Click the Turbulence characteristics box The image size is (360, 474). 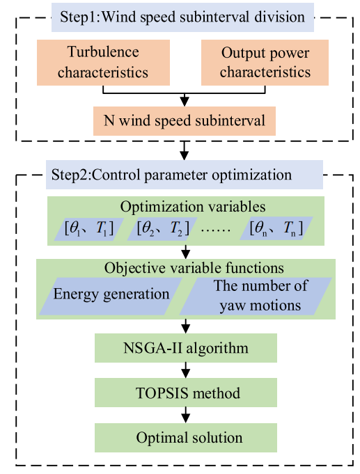103,63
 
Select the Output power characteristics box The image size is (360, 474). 265,63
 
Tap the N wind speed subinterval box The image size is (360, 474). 185,121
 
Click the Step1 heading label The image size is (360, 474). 182,17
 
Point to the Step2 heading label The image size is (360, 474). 185,175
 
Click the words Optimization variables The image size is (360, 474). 193,207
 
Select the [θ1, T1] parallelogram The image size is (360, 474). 89,229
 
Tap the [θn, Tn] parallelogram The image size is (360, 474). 276,229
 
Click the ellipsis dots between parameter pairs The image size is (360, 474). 216,230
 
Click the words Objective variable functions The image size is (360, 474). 194,268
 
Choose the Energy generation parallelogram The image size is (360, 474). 111,297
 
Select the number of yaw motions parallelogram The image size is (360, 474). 256,297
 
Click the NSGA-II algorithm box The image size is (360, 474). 186,348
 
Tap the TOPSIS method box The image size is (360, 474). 186,393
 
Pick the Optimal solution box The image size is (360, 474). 186,437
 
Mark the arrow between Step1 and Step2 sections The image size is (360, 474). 185,150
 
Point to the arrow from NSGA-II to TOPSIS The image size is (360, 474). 186,370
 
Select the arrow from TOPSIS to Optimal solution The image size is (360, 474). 186,415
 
